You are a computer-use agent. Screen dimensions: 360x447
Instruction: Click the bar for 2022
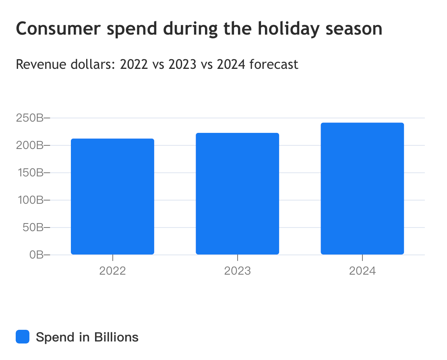tap(112, 197)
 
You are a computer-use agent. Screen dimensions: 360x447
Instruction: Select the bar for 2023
tap(237, 194)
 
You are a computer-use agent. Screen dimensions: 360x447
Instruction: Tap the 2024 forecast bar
tap(362, 188)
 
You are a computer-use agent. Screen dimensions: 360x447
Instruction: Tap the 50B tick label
tap(32, 228)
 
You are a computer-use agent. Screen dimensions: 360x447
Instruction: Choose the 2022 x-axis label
tap(112, 270)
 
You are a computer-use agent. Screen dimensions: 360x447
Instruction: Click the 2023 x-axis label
tap(237, 270)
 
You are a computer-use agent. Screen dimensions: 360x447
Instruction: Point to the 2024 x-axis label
tap(362, 270)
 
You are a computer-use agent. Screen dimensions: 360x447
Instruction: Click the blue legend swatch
tap(23, 337)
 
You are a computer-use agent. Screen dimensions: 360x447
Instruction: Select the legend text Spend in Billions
tap(87, 337)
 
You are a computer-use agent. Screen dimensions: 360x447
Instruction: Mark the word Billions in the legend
tap(116, 337)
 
